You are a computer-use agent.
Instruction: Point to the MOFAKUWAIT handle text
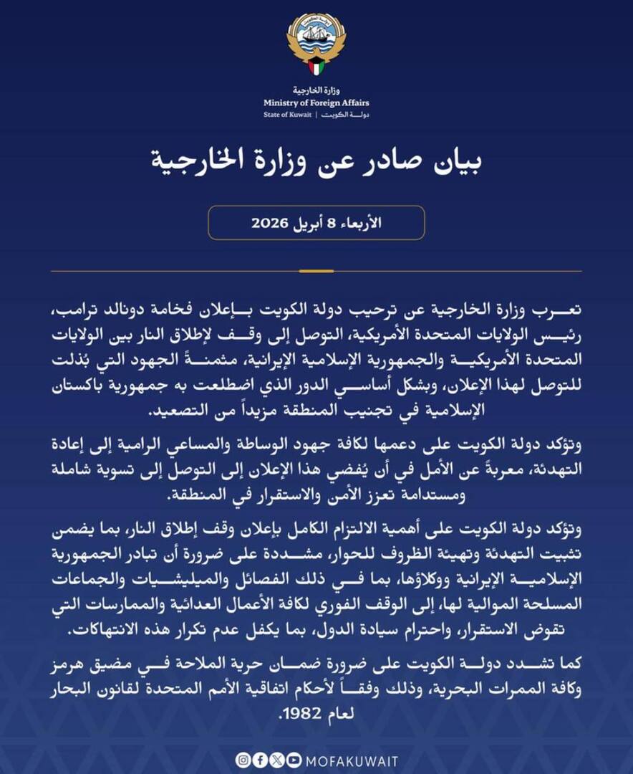pos(350,760)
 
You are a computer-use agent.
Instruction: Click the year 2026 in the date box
pos(271,223)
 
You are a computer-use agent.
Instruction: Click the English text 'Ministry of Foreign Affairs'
pos(316,103)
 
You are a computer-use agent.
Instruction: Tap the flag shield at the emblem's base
pos(316,68)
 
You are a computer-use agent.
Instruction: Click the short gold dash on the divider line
pos(316,271)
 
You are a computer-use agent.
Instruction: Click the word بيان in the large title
pos(450,163)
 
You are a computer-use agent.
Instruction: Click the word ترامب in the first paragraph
pos(79,313)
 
